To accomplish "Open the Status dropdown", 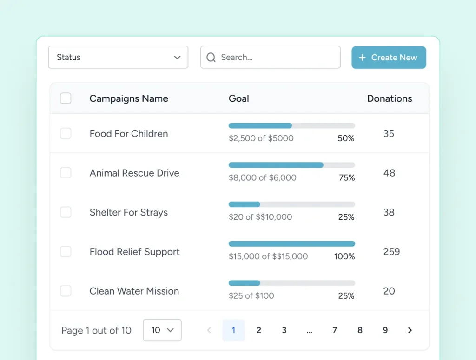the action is pyautogui.click(x=118, y=57).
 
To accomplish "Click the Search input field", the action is pyautogui.click(x=271, y=57).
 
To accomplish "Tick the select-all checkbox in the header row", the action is pyautogui.click(x=66, y=98).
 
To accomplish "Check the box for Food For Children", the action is pyautogui.click(x=66, y=133).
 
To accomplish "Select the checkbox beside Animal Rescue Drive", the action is pyautogui.click(x=66, y=173).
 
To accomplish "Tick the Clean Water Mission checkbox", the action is pyautogui.click(x=66, y=291).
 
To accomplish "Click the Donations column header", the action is pyautogui.click(x=390, y=98).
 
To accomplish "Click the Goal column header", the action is pyautogui.click(x=239, y=98).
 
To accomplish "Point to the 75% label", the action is pyautogui.click(x=347, y=177).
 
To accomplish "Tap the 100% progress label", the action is pyautogui.click(x=344, y=256).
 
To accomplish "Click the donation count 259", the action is pyautogui.click(x=391, y=251).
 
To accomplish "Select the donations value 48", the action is pyautogui.click(x=389, y=173).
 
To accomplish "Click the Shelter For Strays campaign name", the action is pyautogui.click(x=129, y=212).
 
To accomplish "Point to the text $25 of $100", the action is pyautogui.click(x=251, y=296).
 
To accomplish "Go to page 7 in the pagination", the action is pyautogui.click(x=335, y=330).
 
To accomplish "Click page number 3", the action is pyautogui.click(x=284, y=330).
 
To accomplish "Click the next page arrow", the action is pyautogui.click(x=410, y=330).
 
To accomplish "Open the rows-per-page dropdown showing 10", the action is pyautogui.click(x=162, y=330).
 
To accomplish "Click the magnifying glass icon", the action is pyautogui.click(x=211, y=57).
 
